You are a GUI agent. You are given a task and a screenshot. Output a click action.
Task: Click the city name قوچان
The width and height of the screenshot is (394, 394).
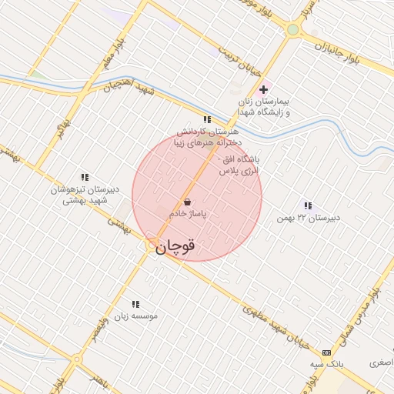[x=175, y=245]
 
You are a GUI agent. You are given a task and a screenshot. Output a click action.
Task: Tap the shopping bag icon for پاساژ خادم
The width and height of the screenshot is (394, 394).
[x=188, y=202]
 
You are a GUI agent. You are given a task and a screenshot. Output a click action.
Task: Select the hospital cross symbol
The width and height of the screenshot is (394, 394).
[x=264, y=89]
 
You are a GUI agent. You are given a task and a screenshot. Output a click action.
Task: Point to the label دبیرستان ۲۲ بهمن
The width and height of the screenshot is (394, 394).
[x=309, y=218]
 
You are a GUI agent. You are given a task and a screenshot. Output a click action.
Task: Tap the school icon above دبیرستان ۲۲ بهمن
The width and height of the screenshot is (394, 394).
[x=308, y=205]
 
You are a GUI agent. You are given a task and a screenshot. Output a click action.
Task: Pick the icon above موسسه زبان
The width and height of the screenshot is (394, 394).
[x=135, y=305]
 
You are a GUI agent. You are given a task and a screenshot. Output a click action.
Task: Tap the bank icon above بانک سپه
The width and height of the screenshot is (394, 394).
[x=327, y=352]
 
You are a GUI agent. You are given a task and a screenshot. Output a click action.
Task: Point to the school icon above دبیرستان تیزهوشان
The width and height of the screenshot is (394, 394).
[x=84, y=177]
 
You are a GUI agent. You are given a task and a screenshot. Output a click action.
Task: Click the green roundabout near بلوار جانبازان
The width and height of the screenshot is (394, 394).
[x=292, y=30]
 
